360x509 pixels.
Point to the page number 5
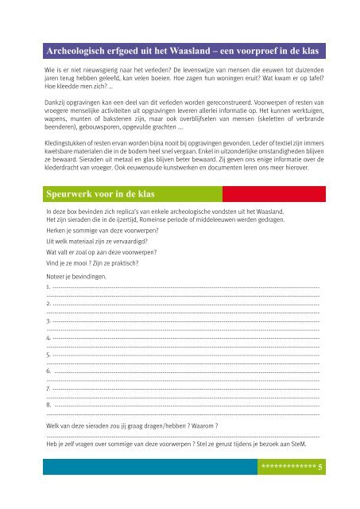tap(319, 469)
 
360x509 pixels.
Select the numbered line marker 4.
tap(48, 337)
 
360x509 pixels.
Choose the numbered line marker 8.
tap(48, 406)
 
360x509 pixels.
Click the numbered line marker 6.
tap(48, 371)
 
